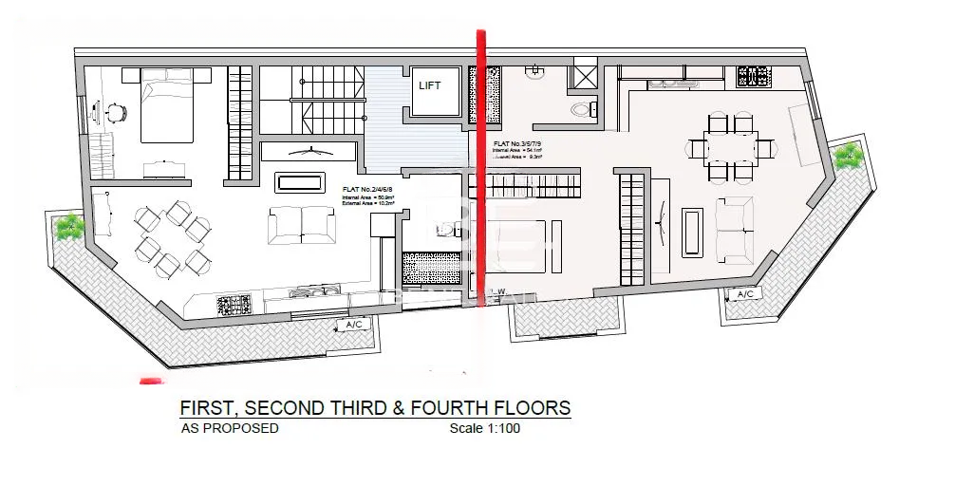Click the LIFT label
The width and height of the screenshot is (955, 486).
(x=431, y=85)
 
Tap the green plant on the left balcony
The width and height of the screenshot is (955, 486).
(x=68, y=226)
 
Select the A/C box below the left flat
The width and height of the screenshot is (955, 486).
(x=355, y=325)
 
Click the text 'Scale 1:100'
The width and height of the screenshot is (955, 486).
(x=484, y=428)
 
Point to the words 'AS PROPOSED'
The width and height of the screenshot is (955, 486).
(x=230, y=428)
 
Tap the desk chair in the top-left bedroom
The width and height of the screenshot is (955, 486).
(x=115, y=112)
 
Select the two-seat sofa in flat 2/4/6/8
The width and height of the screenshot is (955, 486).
(x=301, y=225)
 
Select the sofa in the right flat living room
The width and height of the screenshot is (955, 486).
(x=732, y=229)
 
